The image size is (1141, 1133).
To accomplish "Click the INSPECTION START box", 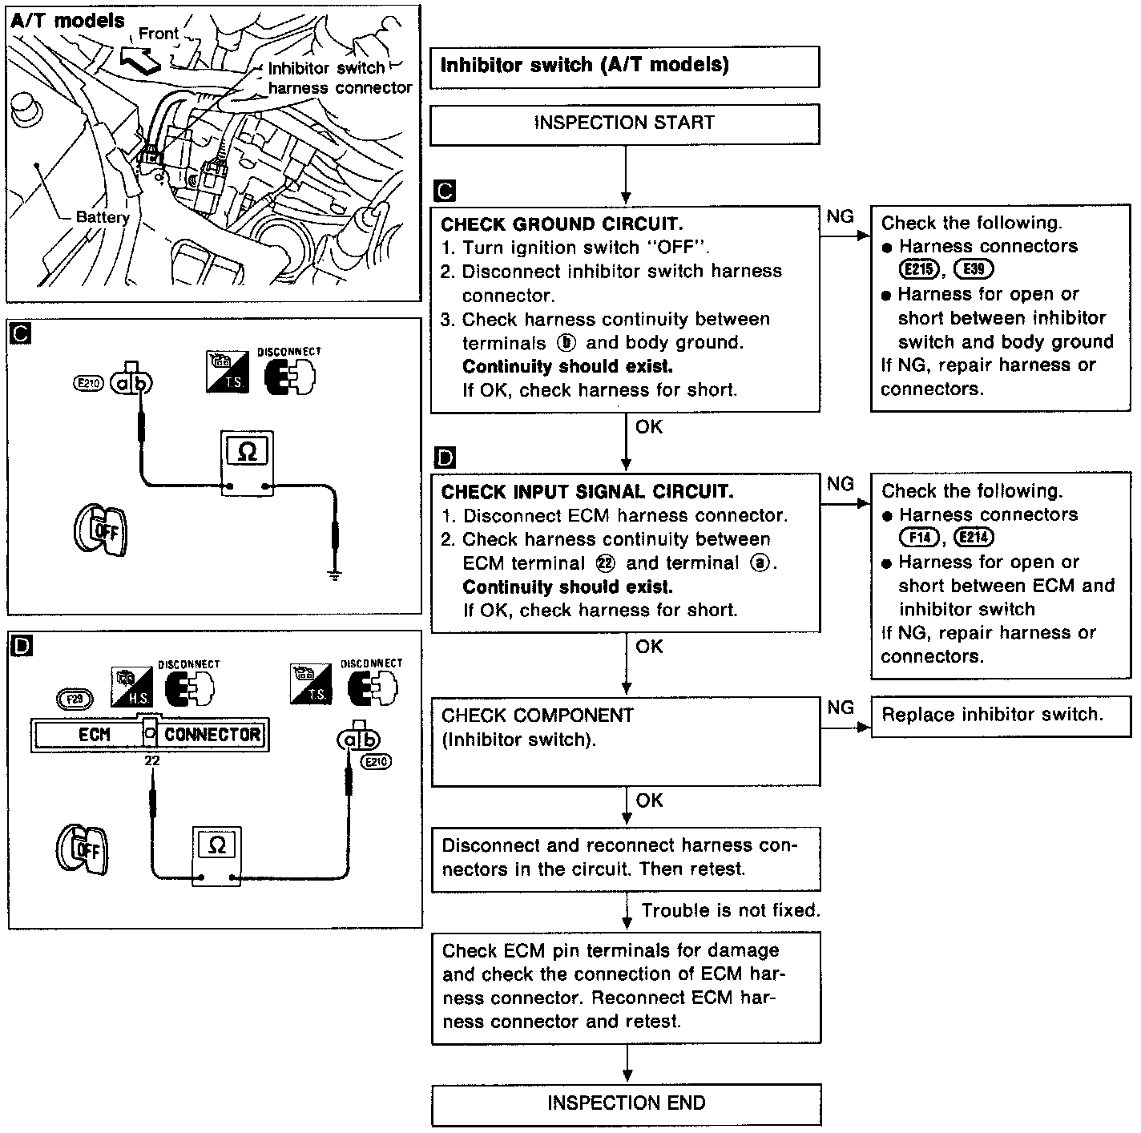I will click(624, 123).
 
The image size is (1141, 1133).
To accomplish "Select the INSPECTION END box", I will click(626, 1104).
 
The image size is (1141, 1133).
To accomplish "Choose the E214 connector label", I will click(975, 538).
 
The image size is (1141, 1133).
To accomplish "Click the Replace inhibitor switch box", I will click(992, 716).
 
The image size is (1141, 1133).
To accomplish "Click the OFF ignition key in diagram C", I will click(101, 530).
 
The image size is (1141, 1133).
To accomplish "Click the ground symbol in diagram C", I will click(335, 574).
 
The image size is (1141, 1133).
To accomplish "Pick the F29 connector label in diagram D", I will click(75, 698).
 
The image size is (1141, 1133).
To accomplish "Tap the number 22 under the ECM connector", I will click(152, 761).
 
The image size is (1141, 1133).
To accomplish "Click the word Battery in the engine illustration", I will click(103, 217).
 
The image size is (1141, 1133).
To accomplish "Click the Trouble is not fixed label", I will click(731, 911).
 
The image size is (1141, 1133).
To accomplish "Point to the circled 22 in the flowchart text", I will click(607, 563).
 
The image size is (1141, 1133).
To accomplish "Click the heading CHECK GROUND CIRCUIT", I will click(562, 224).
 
